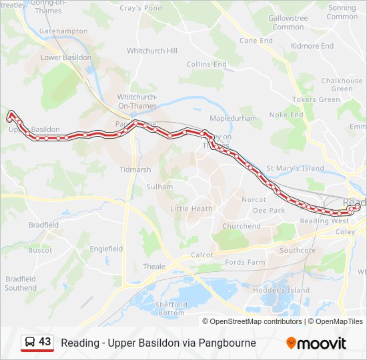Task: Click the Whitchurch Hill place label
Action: tap(152, 51)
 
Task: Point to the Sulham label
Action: tap(159, 187)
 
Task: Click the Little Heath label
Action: tap(192, 209)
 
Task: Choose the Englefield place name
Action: tap(106, 249)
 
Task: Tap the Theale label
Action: tap(153, 266)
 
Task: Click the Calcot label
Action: tap(202, 255)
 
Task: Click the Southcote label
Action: tap(297, 251)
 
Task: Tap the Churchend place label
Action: tap(242, 226)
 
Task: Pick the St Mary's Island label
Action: tap(295, 169)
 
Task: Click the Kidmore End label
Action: tap(312, 46)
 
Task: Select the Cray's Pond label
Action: tap(140, 9)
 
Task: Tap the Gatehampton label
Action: tap(63, 31)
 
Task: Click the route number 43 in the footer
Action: tap(45, 342)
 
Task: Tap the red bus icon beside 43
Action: tap(29, 343)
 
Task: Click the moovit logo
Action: tap(316, 343)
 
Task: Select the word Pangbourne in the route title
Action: tap(225, 343)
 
